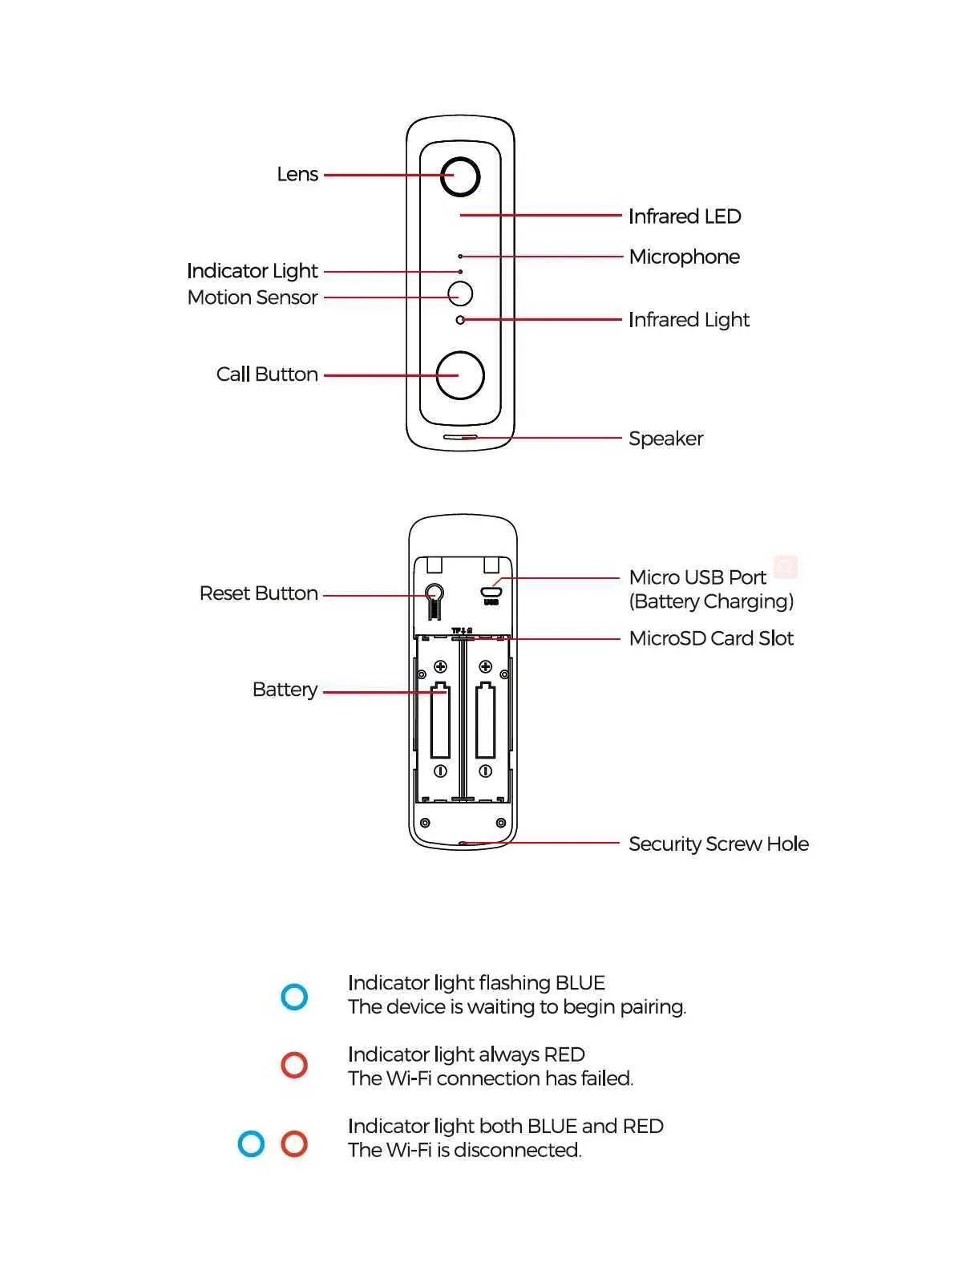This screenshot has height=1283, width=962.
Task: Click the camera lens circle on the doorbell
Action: coord(460,176)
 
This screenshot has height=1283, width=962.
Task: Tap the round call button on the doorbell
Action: coord(460,374)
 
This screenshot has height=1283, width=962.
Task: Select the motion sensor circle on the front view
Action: coord(460,293)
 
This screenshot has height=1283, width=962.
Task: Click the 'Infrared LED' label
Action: coord(685,217)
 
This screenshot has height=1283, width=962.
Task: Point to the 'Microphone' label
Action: coord(684,257)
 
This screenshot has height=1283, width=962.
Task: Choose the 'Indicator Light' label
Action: coord(253,271)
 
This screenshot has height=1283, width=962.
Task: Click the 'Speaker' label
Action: coord(665,439)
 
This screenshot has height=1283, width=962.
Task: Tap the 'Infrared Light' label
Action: coord(689,320)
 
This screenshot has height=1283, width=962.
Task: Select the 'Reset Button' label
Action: coord(258,593)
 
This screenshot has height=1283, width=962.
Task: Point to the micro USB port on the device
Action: coord(491,593)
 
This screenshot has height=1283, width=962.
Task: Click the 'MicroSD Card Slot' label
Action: coord(711,638)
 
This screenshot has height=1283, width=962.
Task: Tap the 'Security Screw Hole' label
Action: coord(718,844)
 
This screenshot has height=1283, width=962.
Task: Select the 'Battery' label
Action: coord(285,690)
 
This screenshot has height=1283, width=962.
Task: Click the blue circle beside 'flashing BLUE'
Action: coord(294,997)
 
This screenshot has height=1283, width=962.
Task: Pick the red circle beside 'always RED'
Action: coord(294,1065)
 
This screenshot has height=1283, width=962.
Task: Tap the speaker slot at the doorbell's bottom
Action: coord(460,438)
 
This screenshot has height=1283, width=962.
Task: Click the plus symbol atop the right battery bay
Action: coord(485,666)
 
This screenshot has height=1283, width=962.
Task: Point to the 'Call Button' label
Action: coord(267,374)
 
